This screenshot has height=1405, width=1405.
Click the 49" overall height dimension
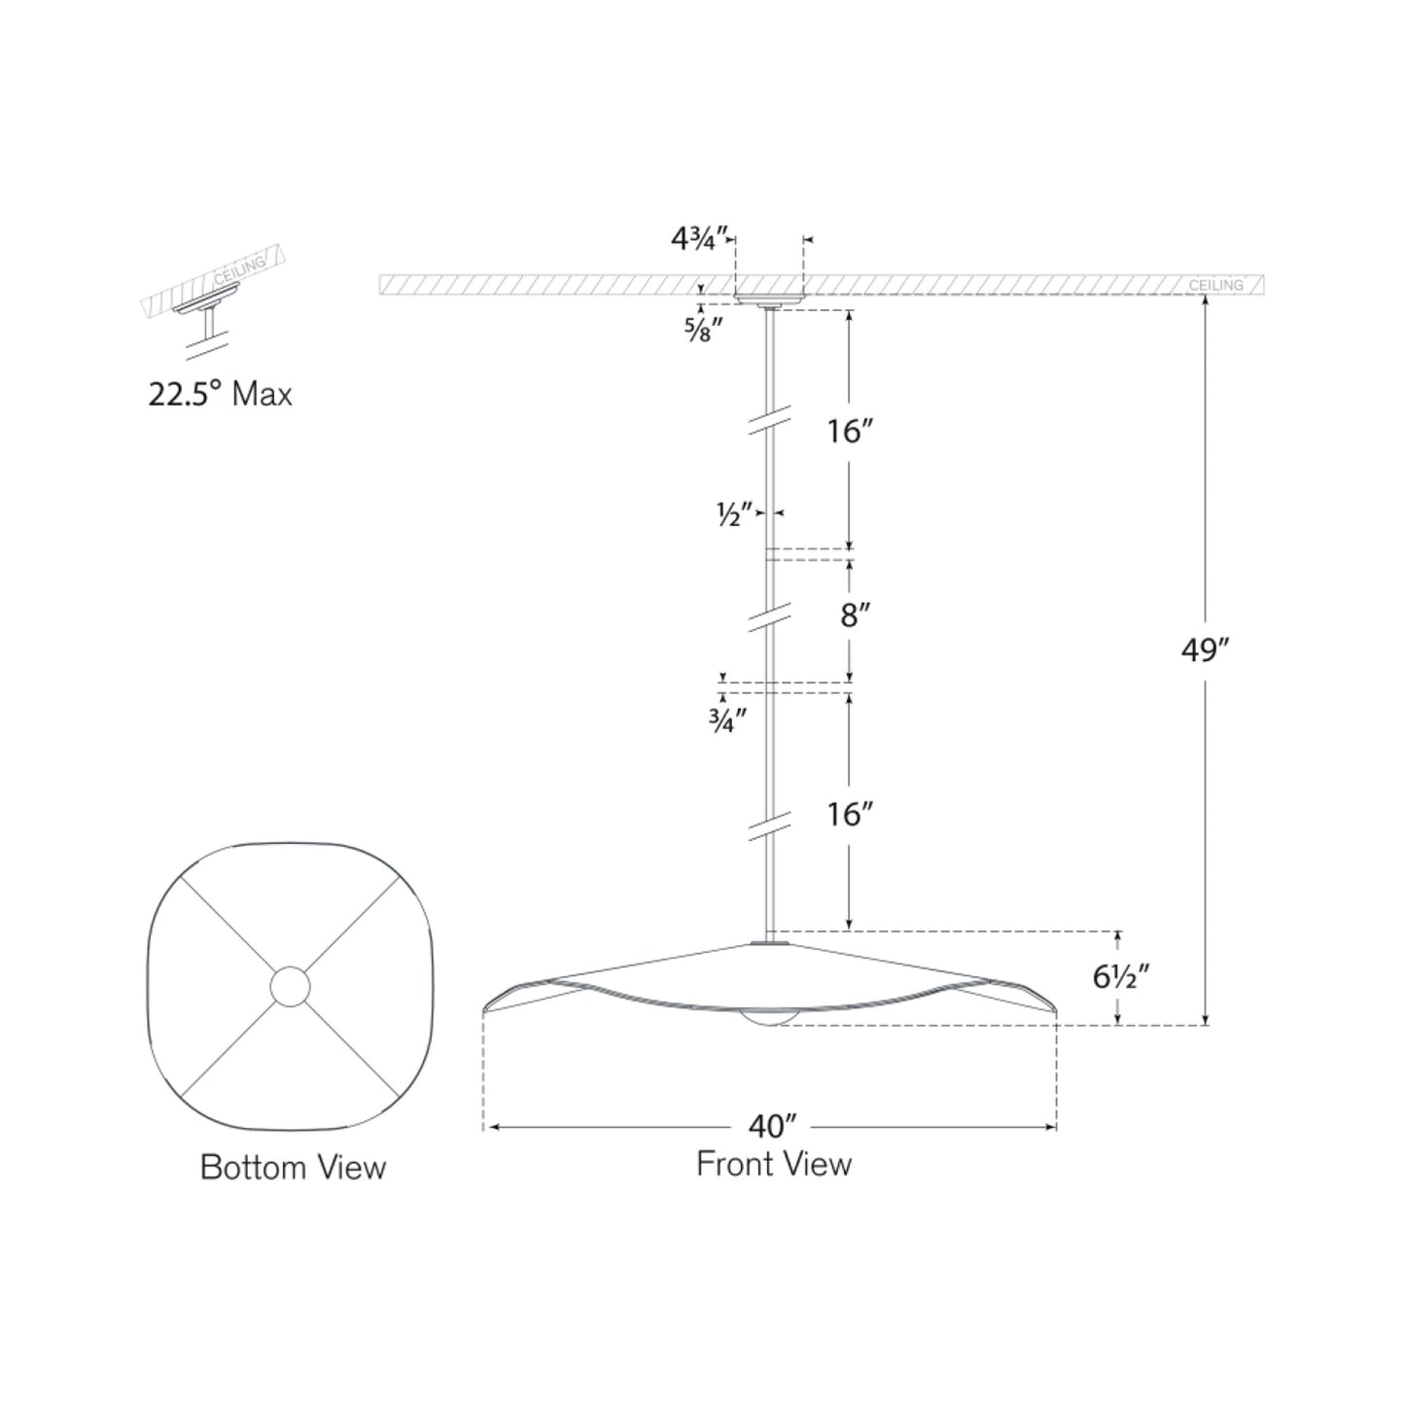(1206, 650)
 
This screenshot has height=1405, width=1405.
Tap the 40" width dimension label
(773, 1127)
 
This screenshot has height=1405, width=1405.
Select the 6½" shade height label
(1121, 976)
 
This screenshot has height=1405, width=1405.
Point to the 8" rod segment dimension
(855, 615)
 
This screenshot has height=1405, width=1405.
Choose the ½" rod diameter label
(735, 515)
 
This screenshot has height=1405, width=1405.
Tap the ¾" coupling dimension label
(727, 720)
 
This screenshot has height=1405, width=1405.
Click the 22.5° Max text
(220, 394)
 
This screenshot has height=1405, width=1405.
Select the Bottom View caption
(293, 1167)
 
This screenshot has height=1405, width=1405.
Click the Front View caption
(774, 1164)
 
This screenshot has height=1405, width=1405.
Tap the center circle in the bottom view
(290, 986)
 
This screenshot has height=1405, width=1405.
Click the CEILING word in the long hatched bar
(1215, 285)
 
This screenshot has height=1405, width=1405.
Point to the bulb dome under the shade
(768, 1017)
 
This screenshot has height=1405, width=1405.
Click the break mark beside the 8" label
(768, 619)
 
